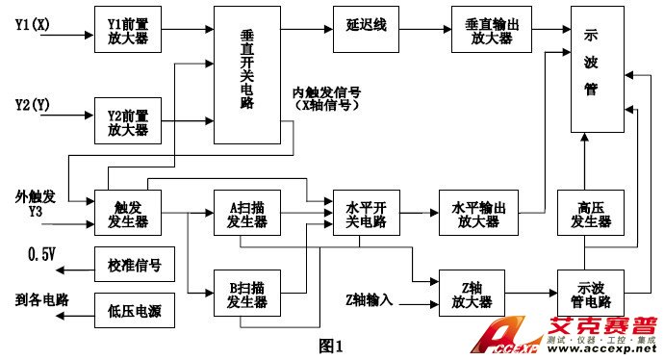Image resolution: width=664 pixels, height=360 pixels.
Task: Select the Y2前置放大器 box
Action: coord(127,120)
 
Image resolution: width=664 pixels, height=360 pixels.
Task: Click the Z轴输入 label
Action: coord(370,299)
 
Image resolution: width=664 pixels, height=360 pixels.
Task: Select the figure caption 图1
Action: coord(330,344)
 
